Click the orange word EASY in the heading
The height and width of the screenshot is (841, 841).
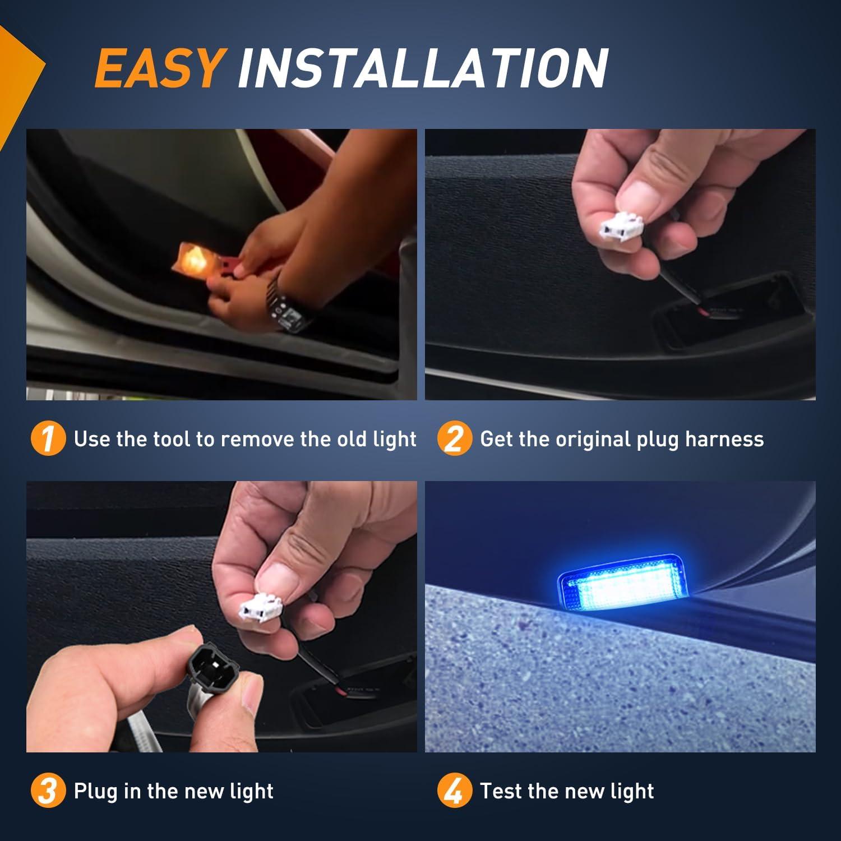pyautogui.click(x=159, y=68)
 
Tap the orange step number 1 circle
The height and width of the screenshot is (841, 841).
pyautogui.click(x=48, y=439)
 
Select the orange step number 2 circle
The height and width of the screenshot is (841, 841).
pyautogui.click(x=454, y=439)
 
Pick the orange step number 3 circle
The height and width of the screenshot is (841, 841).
pyautogui.click(x=48, y=791)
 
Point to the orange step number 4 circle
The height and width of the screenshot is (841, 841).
pyautogui.click(x=454, y=791)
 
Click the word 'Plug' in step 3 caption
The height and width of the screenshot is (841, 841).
pyautogui.click(x=95, y=791)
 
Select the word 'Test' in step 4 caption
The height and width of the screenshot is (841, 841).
pyautogui.click(x=501, y=791)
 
